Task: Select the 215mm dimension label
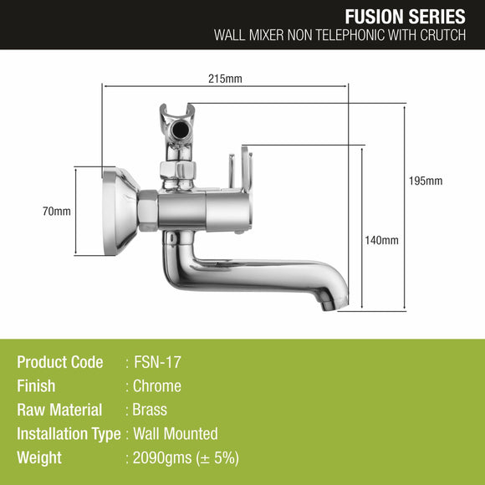[225, 79]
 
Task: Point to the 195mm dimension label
[427, 181]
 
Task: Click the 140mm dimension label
[383, 240]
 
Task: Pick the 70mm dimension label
[57, 212]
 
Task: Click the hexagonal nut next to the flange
[147, 210]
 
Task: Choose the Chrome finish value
[157, 386]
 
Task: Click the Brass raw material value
[151, 410]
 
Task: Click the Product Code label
[60, 362]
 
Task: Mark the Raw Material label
[59, 410]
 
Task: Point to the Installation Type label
[69, 434]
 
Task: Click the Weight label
[39, 458]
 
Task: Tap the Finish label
[36, 386]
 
